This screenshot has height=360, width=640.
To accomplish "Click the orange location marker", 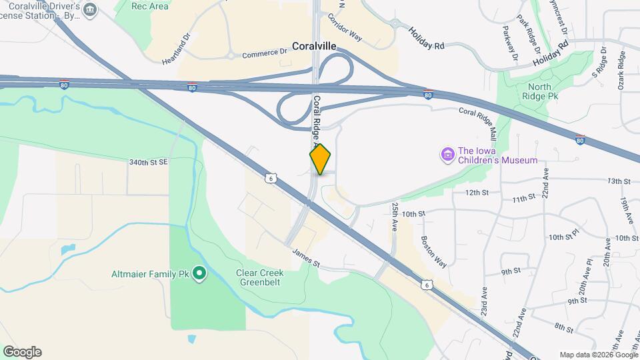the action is [321, 159].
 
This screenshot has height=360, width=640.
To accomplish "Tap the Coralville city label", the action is [314, 47].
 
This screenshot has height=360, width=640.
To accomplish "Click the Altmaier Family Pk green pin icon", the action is [199, 273].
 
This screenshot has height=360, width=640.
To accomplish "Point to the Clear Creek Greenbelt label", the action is [265, 278].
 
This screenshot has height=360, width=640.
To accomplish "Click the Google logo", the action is [22, 352].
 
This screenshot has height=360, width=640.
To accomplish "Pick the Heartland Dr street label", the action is [176, 49].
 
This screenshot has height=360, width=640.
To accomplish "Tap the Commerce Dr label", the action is [263, 55].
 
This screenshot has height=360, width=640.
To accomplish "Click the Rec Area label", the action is [150, 6].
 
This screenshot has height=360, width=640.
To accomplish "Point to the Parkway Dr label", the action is [511, 44].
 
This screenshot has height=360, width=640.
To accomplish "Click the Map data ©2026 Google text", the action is [598, 355].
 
